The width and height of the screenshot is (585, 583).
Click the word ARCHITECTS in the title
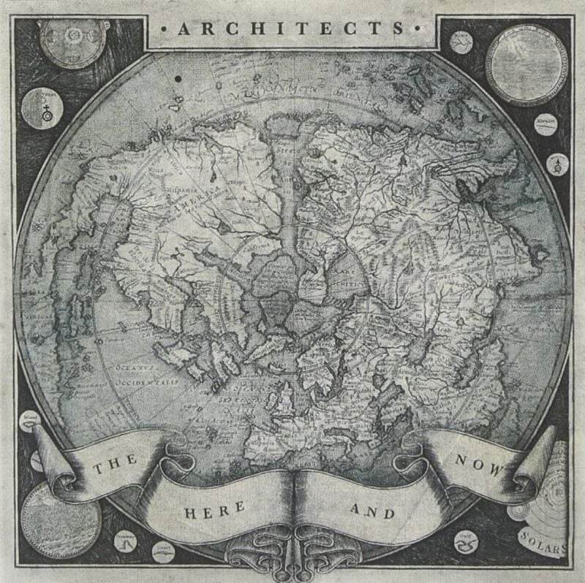click(x=292, y=30)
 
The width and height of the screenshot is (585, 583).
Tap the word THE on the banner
click(x=111, y=464)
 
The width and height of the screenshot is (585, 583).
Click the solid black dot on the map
click(x=178, y=78)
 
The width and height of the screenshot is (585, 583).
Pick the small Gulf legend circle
click(x=464, y=542)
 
